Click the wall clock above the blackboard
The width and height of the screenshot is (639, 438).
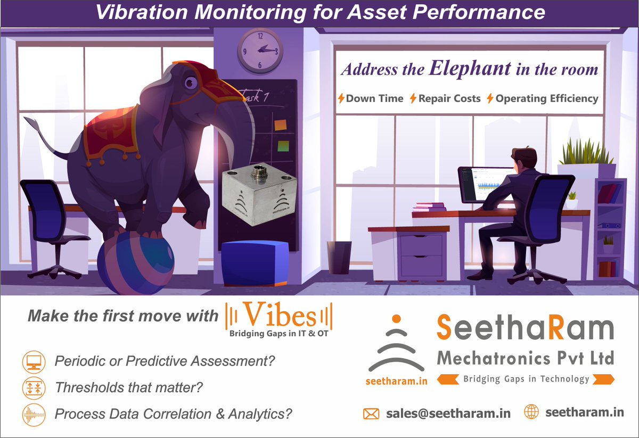[x=260, y=50]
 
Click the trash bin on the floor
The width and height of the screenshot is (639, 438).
[x=339, y=257]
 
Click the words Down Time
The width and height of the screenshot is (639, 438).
[x=374, y=98]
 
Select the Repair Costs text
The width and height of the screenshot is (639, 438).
[x=449, y=98]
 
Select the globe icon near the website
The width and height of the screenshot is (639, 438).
[x=531, y=412]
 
